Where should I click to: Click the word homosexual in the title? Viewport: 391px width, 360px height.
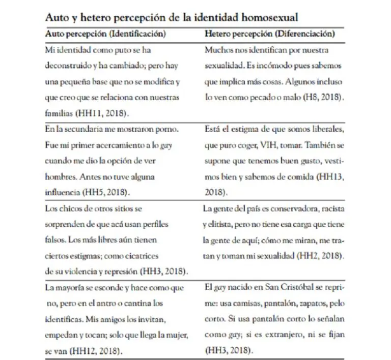click(x=268, y=17)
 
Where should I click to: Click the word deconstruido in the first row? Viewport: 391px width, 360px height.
click(x=67, y=66)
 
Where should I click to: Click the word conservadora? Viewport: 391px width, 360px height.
click(x=300, y=208)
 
